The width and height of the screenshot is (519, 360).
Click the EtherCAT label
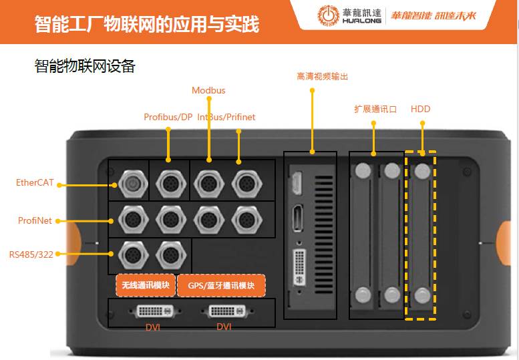(x=35, y=182)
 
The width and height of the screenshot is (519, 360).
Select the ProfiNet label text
(x=35, y=220)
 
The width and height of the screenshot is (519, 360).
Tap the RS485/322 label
(x=31, y=254)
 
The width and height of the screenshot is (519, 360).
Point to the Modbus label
(x=208, y=90)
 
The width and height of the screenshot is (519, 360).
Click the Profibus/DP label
(x=168, y=117)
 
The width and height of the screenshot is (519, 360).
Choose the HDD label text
(x=420, y=109)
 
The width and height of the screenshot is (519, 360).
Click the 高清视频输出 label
(x=323, y=76)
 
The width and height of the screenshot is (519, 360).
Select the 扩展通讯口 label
(x=375, y=109)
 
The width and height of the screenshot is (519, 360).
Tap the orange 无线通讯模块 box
(x=146, y=285)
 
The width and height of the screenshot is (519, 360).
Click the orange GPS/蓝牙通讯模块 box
(x=222, y=285)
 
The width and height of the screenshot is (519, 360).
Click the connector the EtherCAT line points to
(x=133, y=184)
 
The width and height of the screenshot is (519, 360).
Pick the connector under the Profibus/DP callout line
(x=170, y=184)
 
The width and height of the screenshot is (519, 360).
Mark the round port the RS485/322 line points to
(x=133, y=254)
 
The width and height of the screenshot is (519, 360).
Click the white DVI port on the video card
(x=299, y=268)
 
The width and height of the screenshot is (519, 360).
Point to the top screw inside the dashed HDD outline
(x=422, y=171)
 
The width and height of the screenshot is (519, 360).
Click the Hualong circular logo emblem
(x=329, y=15)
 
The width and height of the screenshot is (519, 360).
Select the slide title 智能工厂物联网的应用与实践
(x=147, y=24)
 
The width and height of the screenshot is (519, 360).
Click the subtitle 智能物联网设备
(x=85, y=66)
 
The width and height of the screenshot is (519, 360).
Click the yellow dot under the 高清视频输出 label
(x=312, y=90)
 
